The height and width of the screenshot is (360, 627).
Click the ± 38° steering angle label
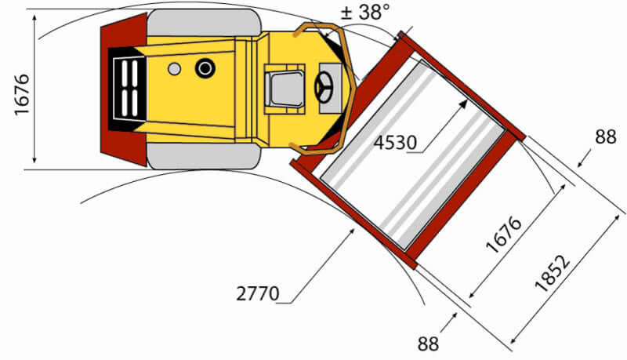click(x=364, y=12)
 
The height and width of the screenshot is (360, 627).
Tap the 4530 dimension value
click(x=395, y=143)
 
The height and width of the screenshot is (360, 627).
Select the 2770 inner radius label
click(x=258, y=293)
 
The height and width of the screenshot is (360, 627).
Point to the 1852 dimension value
click(x=553, y=274)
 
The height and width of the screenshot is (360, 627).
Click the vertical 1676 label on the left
click(x=22, y=95)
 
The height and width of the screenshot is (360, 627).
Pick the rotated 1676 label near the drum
click(x=504, y=235)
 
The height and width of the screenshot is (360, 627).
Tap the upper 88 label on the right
click(x=605, y=136)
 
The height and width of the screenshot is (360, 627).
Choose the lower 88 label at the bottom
click(x=428, y=344)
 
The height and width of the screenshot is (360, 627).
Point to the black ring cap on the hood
click(x=205, y=68)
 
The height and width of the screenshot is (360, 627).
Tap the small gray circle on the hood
click(x=174, y=69)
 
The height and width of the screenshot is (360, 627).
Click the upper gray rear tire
click(x=204, y=23)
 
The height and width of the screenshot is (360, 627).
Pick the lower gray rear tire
click(x=204, y=156)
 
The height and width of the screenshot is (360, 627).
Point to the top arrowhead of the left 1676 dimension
click(x=34, y=19)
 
